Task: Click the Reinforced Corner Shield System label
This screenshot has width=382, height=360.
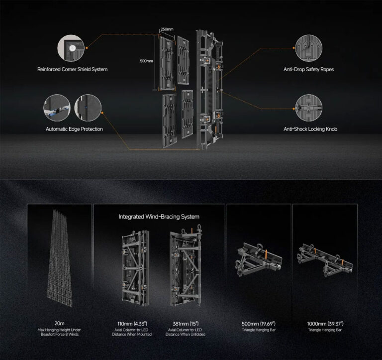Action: [72, 69]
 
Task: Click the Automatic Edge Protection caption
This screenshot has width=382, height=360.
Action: [74, 129]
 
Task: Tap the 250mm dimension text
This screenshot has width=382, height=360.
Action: [167, 29]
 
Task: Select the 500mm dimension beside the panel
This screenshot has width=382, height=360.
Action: [146, 61]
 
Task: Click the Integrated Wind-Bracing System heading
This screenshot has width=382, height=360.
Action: [159, 217]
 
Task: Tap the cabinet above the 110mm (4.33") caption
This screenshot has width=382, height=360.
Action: [136, 269]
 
